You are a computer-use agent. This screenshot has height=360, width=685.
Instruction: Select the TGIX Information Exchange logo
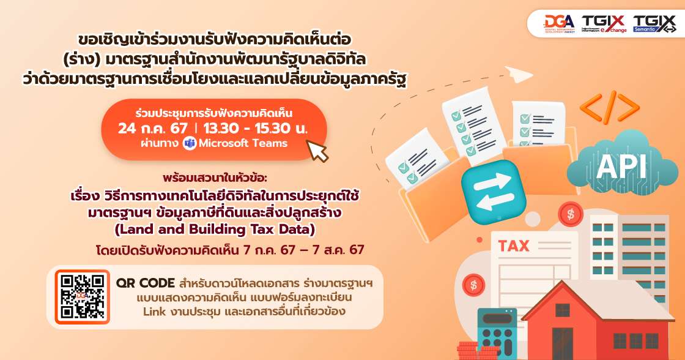604,23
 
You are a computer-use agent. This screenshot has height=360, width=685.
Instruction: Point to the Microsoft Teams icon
189,143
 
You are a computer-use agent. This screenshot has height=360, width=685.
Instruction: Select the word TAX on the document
514,246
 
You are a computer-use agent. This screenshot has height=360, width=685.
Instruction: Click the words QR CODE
146,285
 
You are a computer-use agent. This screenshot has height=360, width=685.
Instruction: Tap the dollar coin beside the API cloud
570,214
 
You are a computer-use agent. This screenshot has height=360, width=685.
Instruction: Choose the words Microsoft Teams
242,143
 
